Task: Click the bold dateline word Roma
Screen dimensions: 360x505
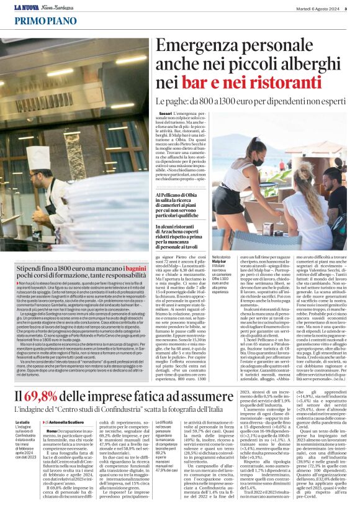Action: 52,413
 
